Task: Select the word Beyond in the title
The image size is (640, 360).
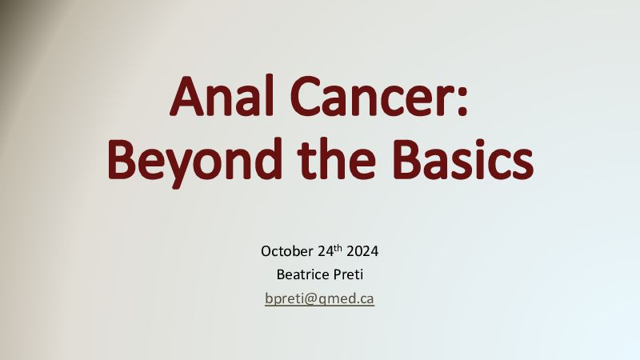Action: [194, 162]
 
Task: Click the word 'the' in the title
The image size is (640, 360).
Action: [336, 158]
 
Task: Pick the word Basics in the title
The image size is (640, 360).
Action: [463, 159]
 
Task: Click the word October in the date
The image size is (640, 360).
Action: [287, 251]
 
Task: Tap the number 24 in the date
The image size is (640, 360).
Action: [326, 251]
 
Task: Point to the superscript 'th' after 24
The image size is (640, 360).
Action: [338, 248]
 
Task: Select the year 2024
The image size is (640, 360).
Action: [362, 251]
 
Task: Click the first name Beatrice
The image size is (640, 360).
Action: [303, 274]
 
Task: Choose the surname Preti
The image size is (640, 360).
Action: [349, 274]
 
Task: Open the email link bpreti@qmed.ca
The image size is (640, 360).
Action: [319, 298]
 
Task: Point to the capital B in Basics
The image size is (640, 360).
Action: [406, 159]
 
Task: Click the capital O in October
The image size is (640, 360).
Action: [266, 251]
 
